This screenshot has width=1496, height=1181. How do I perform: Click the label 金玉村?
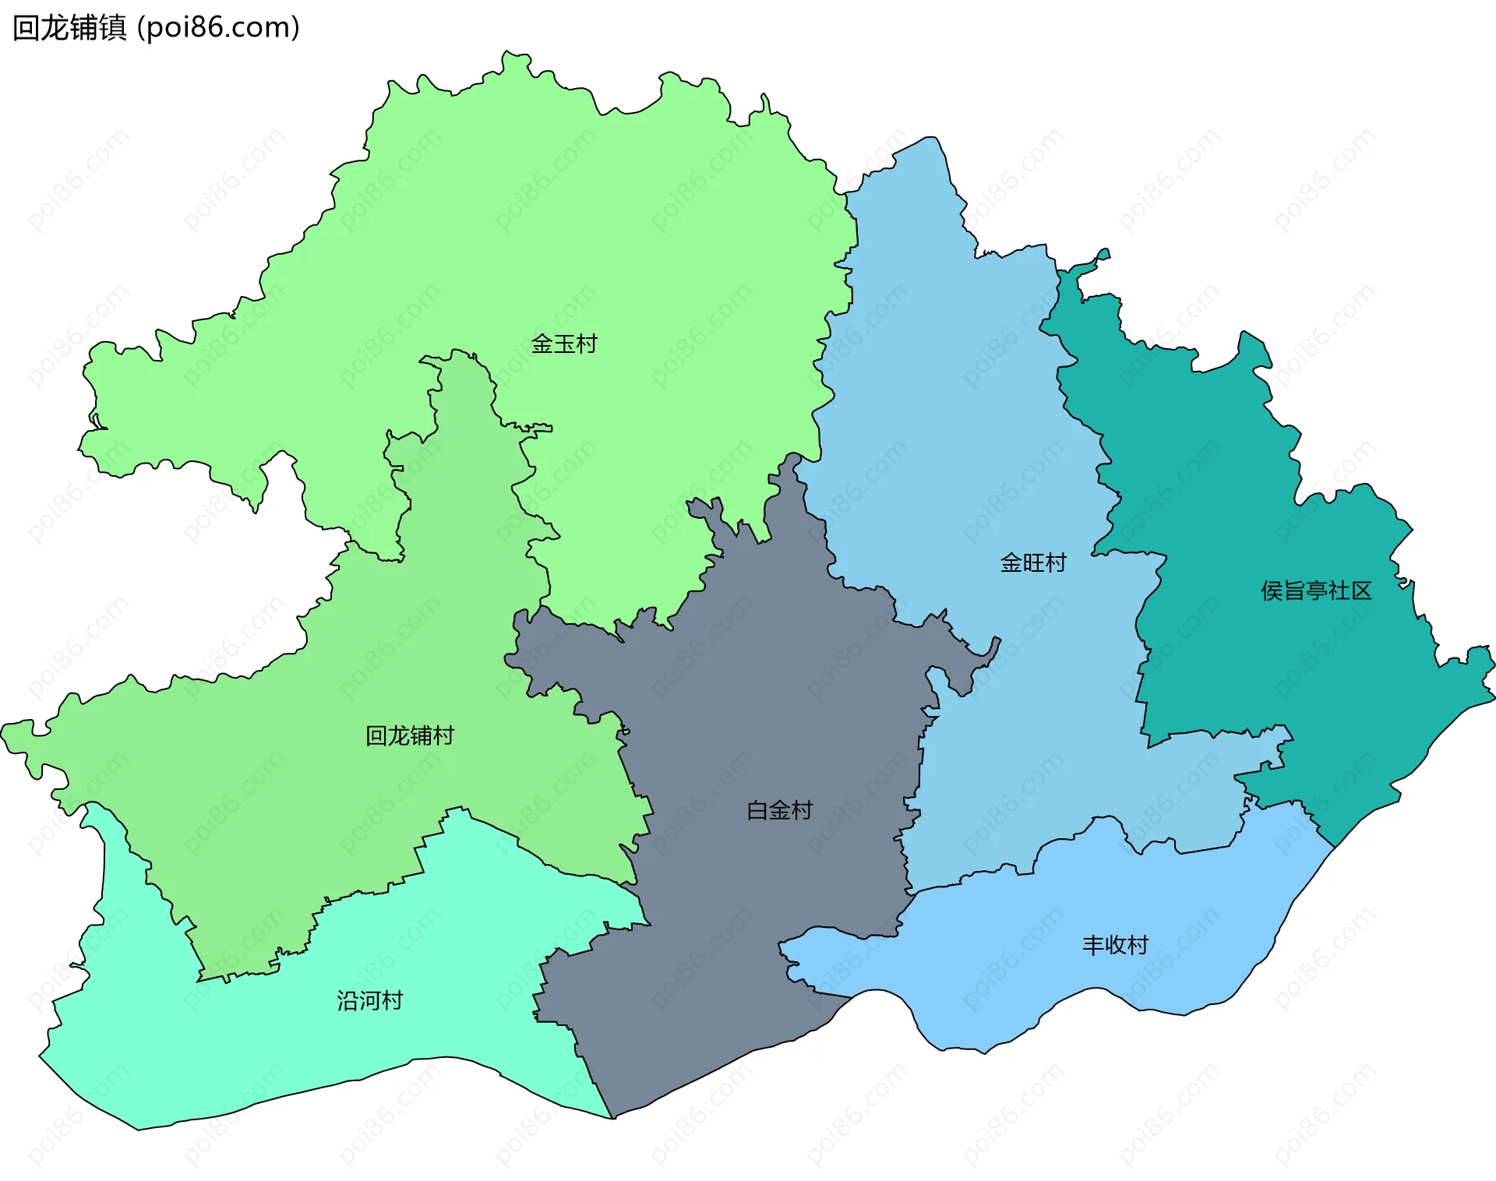click(x=563, y=344)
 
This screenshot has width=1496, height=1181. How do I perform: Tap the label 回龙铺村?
click(x=410, y=735)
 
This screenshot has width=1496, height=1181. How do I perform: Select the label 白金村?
click(x=779, y=810)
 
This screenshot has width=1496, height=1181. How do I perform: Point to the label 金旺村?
click(x=1033, y=562)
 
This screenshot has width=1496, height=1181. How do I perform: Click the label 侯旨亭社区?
click(x=1316, y=590)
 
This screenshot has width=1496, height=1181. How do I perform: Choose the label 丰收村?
click(x=1115, y=945)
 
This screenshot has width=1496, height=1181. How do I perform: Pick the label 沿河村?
click(x=369, y=1000)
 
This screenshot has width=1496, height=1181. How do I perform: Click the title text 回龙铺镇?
click(x=69, y=27)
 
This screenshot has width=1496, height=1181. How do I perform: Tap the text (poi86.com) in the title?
click(x=219, y=27)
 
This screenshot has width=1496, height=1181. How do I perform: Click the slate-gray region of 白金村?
click(x=740, y=701)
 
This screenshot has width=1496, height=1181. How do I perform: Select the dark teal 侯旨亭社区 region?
click(x=1262, y=467)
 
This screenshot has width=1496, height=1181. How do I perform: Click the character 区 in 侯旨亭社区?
click(x=1361, y=590)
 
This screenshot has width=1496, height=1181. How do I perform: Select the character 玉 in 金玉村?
click(x=563, y=344)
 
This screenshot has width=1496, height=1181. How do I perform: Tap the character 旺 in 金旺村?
click(x=1033, y=562)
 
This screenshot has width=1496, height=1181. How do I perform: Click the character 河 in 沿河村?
click(x=369, y=1000)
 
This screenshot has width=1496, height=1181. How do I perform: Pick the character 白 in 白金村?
click(x=757, y=810)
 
